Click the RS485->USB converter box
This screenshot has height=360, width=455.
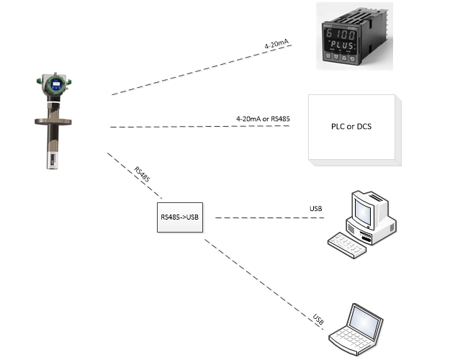point(180,217)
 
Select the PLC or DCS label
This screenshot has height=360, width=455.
point(351,127)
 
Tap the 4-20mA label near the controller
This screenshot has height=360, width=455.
point(277,44)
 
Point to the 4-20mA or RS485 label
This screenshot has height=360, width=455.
point(263,119)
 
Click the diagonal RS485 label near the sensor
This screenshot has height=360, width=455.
point(142,174)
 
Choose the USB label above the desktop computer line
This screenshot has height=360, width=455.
point(316,209)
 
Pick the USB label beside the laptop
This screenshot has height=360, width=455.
point(318,319)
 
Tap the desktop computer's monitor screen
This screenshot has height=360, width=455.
point(363,211)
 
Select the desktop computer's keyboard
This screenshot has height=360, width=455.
point(347,245)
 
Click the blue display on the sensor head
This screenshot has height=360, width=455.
point(56,84)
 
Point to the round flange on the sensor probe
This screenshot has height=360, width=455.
point(53,122)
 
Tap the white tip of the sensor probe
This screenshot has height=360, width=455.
point(53,159)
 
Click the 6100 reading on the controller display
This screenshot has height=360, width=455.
point(341,35)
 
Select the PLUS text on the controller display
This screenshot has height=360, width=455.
point(343,45)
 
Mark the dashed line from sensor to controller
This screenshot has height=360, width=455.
point(202,70)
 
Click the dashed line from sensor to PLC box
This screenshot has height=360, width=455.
point(200,127)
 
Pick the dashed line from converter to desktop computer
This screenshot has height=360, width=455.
point(270,217)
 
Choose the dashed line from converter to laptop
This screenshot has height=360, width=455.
point(263,284)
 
